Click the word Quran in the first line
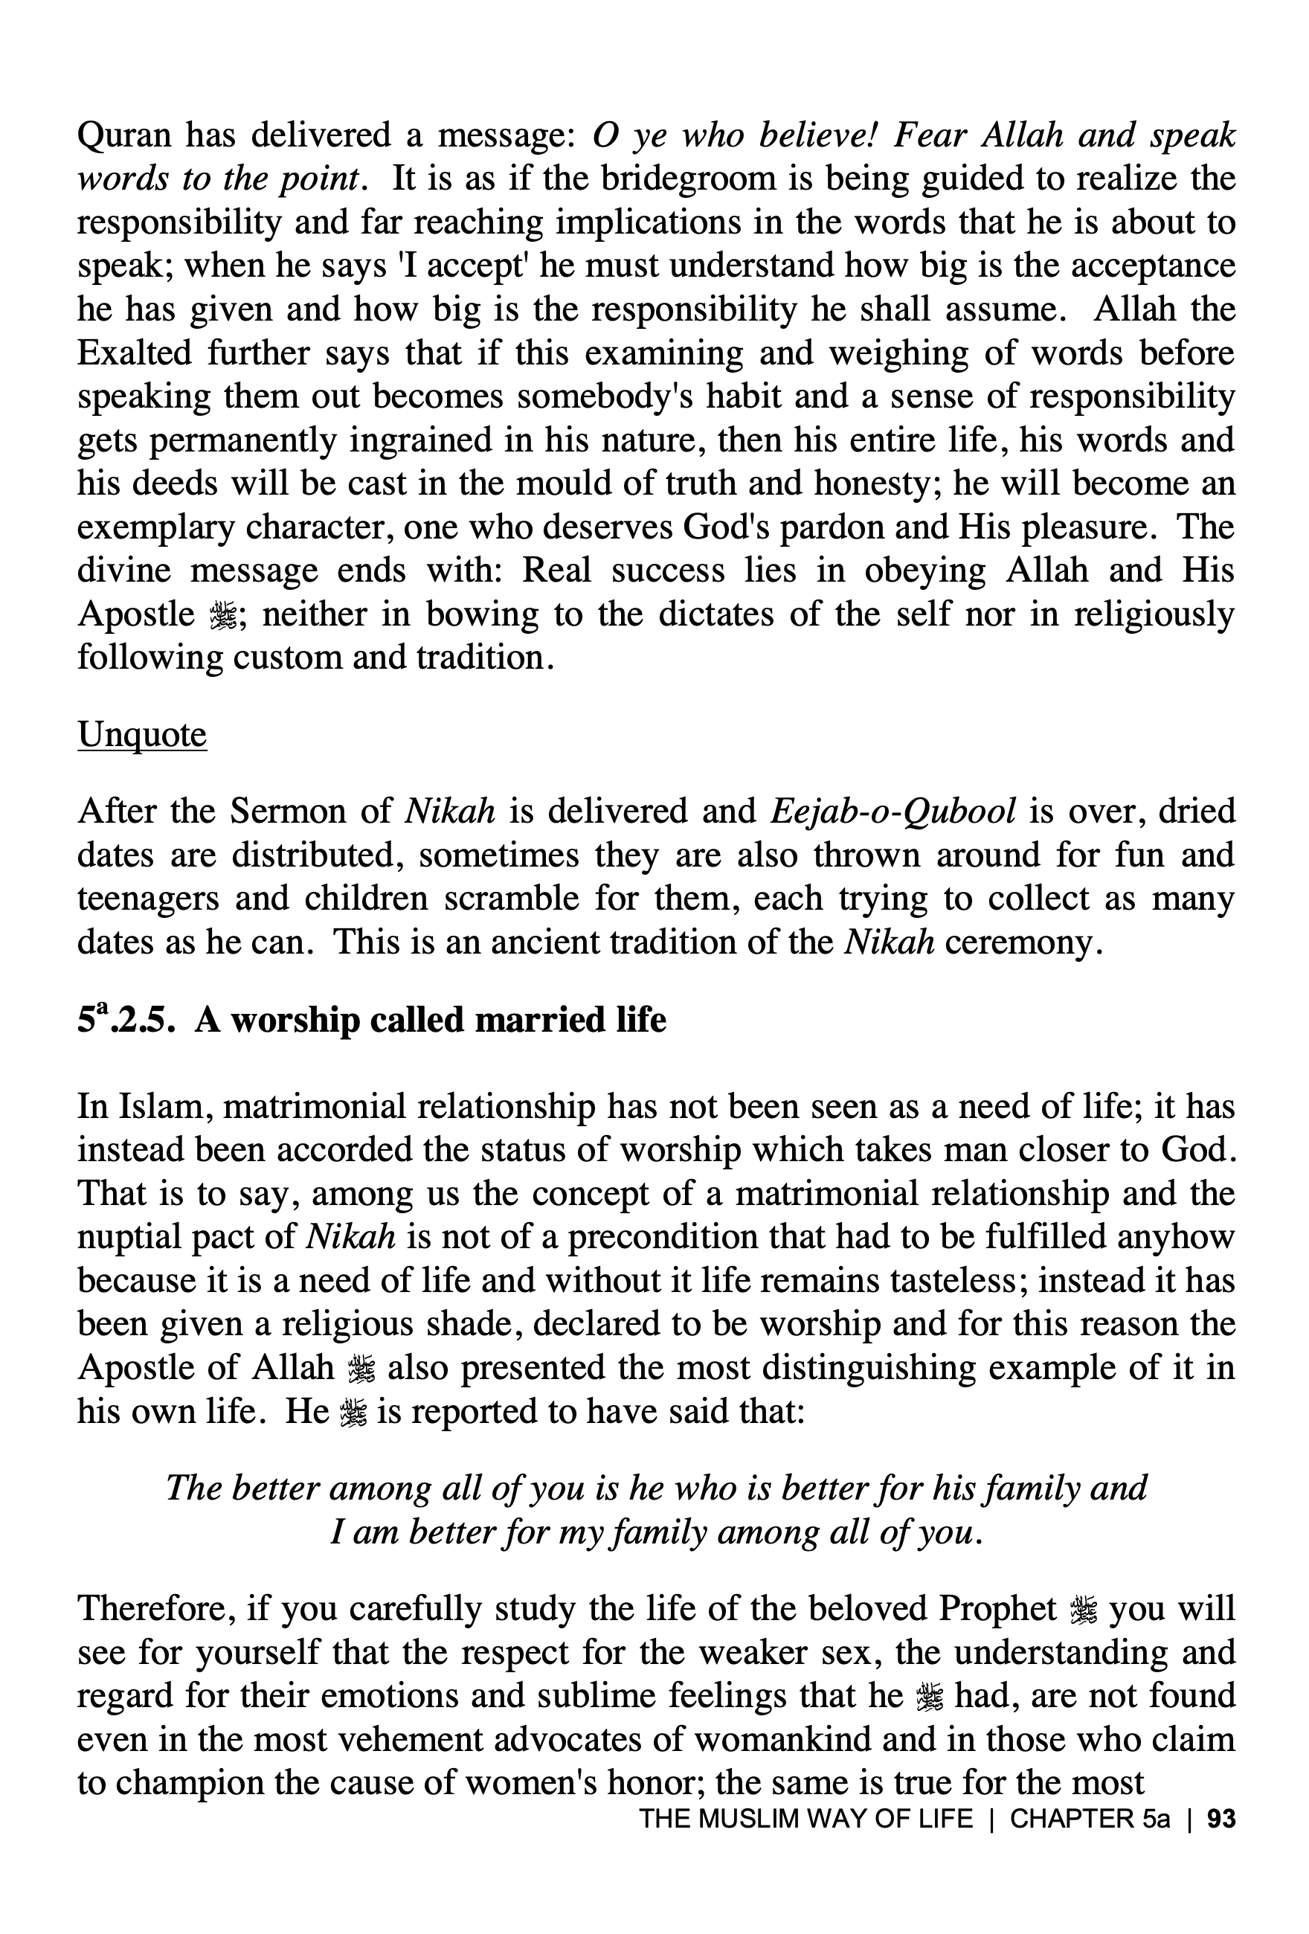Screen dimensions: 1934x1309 [x=123, y=135]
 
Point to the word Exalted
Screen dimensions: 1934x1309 [x=133, y=353]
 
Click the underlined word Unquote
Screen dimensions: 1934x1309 [x=141, y=735]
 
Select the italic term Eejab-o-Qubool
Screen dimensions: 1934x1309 [x=893, y=812]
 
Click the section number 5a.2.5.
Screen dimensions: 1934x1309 [x=126, y=1021]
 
